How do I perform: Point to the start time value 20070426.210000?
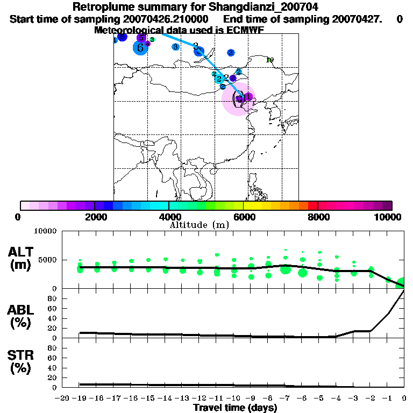[x=167, y=19]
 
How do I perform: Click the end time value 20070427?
[x=348, y=19]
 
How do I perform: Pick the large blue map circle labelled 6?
[x=140, y=47]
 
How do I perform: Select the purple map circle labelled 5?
[x=141, y=38]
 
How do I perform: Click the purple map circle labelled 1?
[x=248, y=97]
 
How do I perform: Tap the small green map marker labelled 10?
[x=270, y=60]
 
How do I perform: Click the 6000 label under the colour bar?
[x=244, y=217]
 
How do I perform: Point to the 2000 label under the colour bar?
[x=94, y=217]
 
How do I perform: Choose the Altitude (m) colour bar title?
[x=199, y=225]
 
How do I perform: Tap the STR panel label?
[x=22, y=355]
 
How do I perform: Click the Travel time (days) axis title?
[x=235, y=408]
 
